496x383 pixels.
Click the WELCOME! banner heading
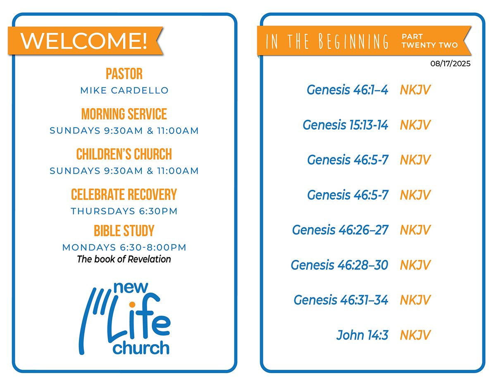(84, 41)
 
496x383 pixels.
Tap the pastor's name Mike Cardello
(124, 90)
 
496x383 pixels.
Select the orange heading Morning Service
(124, 114)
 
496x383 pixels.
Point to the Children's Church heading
(124, 154)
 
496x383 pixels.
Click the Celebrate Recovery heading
(124, 195)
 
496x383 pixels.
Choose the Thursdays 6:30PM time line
(124, 211)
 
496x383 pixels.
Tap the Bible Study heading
(124, 231)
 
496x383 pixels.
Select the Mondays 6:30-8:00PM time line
(124, 247)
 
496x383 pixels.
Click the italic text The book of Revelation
(124, 259)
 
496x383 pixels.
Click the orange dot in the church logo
(132, 304)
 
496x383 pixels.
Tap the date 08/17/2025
(450, 64)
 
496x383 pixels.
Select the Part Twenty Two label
(429, 41)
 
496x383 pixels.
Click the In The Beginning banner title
(327, 41)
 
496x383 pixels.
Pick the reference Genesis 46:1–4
(347, 90)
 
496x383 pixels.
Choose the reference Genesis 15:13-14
(346, 125)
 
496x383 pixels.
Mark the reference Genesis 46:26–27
(340, 230)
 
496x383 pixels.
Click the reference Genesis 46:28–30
(339, 265)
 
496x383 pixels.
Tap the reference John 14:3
(362, 335)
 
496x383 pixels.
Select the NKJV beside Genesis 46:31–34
(415, 300)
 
